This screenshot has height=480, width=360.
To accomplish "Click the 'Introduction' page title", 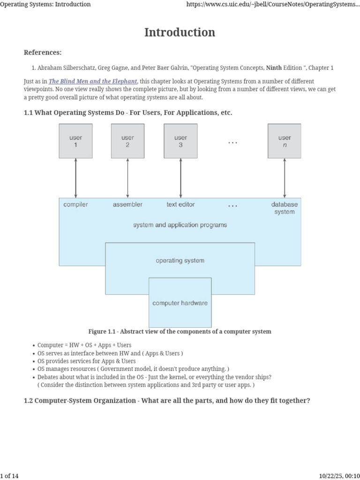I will [x=180, y=32].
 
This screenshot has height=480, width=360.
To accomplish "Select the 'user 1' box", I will [x=75, y=141].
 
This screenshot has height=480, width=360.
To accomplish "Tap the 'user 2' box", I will [x=127, y=141].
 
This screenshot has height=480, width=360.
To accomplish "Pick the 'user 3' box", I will [x=180, y=141].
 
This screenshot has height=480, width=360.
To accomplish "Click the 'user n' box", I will [x=284, y=141].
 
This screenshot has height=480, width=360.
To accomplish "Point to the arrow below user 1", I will [x=75, y=178].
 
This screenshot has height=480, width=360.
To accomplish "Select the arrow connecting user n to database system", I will [x=284, y=178].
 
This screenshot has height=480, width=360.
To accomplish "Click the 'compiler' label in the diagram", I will [x=75, y=204].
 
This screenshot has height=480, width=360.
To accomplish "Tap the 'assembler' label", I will [x=127, y=204].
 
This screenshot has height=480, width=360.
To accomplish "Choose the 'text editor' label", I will [x=180, y=204].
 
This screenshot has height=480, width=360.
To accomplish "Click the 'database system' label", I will [x=284, y=208].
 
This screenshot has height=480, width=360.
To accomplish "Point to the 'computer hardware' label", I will [x=180, y=303].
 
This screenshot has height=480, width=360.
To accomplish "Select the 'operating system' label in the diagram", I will [x=180, y=261].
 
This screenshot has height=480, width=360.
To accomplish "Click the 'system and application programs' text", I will [x=180, y=225].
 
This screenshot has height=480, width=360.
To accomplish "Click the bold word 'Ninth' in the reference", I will [x=274, y=68].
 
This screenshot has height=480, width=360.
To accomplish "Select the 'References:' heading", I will [x=43, y=52].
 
